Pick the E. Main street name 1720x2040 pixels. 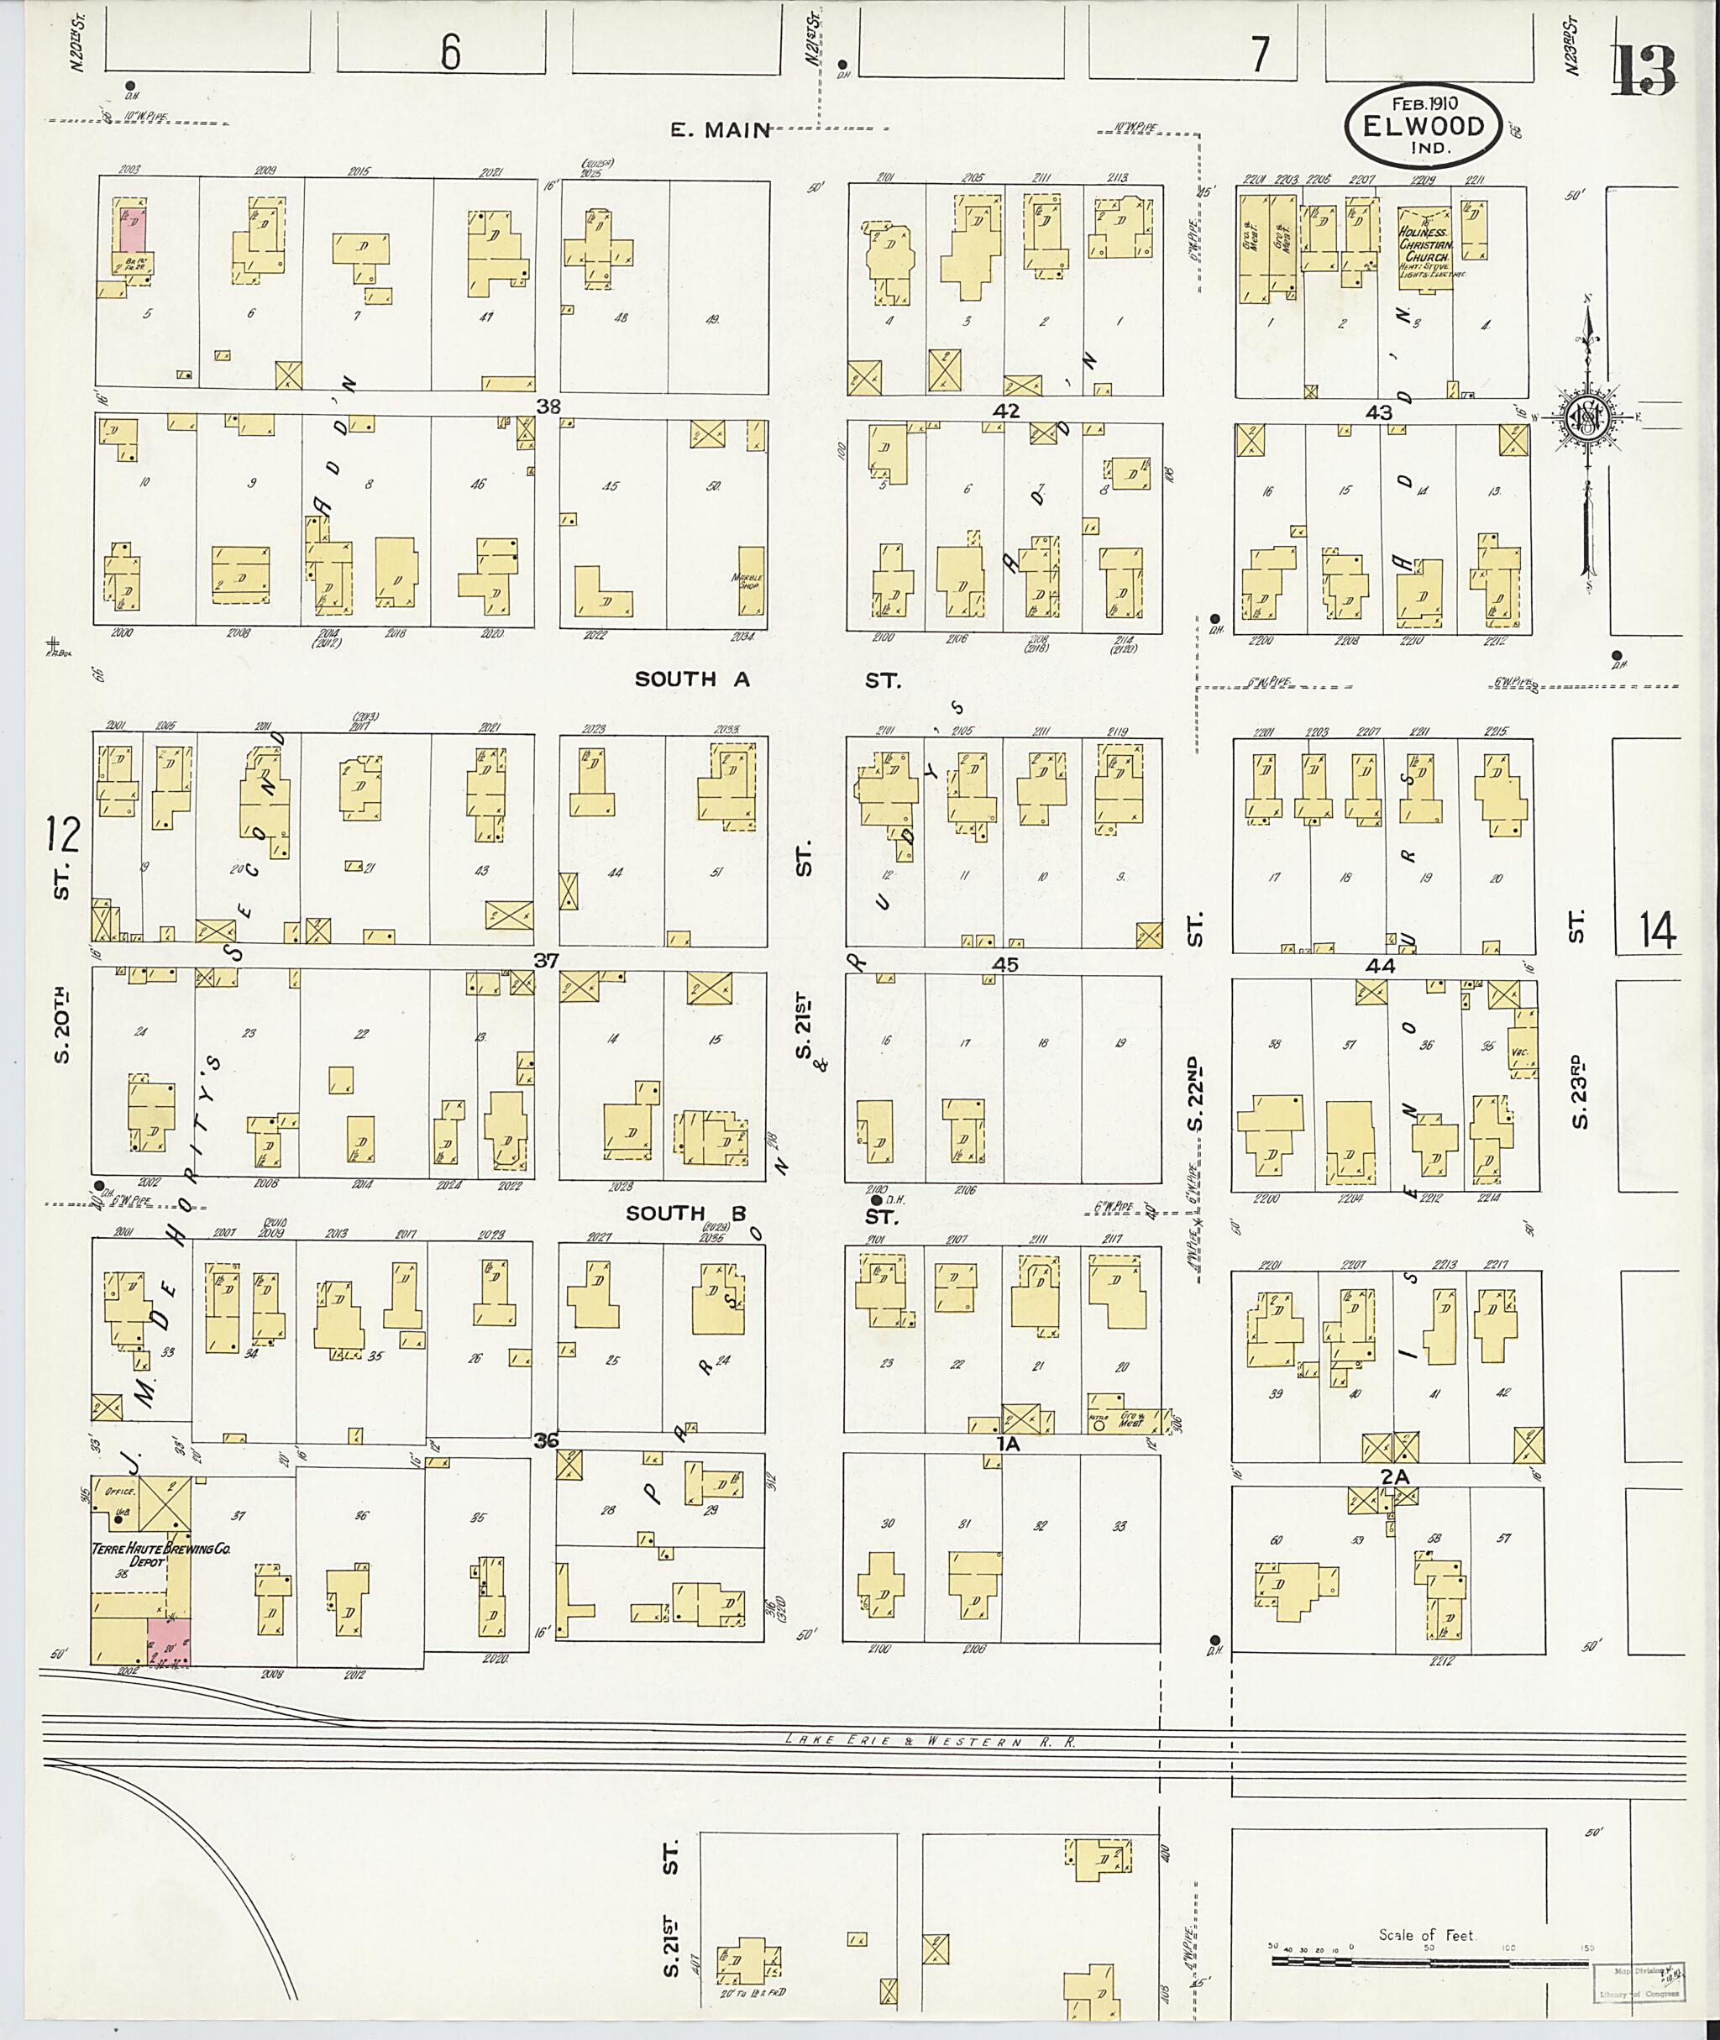tap(720, 129)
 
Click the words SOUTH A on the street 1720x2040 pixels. tap(692, 679)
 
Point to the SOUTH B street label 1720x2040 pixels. tap(686, 1213)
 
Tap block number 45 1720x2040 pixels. tap(1005, 964)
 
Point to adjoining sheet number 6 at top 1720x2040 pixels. tap(449, 54)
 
